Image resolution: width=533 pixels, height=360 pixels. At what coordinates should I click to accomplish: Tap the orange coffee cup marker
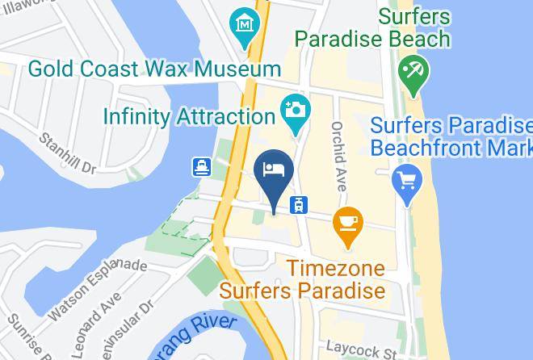click(348, 224)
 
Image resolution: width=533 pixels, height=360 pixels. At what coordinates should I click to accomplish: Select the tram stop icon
click(300, 204)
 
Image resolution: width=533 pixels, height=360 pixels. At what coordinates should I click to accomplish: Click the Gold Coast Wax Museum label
click(154, 69)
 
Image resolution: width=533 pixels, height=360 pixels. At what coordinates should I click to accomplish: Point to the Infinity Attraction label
click(189, 116)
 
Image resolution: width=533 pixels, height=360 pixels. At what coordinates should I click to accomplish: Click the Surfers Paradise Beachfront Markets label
click(451, 137)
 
